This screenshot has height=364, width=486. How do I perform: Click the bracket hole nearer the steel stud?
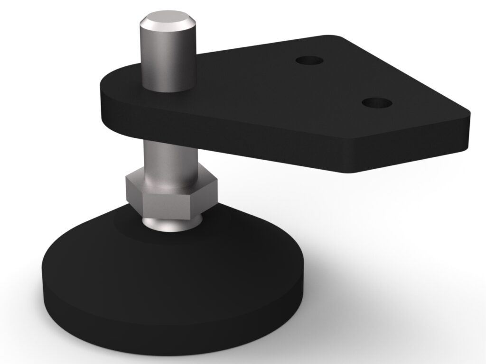click(x=309, y=60)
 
